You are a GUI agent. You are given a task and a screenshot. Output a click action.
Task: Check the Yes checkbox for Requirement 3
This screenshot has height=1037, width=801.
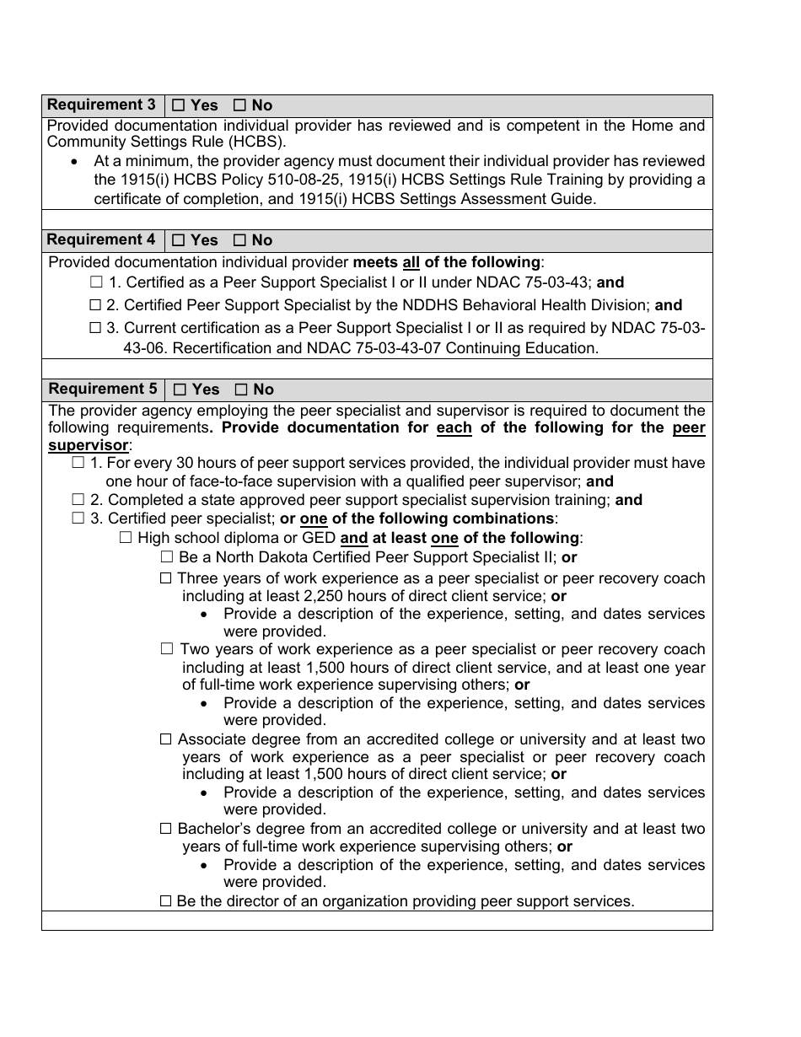[178, 105]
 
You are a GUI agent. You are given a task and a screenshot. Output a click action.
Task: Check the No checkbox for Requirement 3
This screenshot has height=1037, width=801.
[239, 105]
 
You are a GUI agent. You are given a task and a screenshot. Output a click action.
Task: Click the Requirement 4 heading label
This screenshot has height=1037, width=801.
[101, 240]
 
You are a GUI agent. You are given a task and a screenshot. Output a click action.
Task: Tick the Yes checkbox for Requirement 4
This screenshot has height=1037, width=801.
[178, 240]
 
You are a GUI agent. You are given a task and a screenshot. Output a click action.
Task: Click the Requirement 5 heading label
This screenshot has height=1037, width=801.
[102, 390]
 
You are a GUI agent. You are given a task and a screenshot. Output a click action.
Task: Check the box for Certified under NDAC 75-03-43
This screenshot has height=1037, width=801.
[96, 282]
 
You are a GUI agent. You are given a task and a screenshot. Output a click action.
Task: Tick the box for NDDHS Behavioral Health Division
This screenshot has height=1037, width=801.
[96, 305]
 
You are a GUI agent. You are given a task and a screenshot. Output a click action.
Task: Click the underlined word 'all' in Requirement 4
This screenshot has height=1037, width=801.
[411, 262]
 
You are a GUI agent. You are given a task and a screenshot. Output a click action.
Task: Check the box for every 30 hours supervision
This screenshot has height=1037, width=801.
[78, 463]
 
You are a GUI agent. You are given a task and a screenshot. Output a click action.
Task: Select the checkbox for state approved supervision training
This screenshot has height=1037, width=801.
[78, 500]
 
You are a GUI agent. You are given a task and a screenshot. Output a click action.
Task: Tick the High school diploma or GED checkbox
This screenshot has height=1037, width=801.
[126, 537]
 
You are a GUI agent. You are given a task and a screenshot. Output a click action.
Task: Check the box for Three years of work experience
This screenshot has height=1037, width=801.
[166, 578]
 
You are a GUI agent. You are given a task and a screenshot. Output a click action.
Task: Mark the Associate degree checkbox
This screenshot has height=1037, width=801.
[166, 739]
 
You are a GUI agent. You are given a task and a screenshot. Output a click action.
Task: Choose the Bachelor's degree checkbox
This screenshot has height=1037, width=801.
[166, 829]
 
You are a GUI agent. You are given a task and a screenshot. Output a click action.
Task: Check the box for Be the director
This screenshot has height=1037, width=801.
[166, 901]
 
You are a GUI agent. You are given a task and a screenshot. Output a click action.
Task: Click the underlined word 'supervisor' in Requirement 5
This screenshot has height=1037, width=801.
[89, 445]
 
